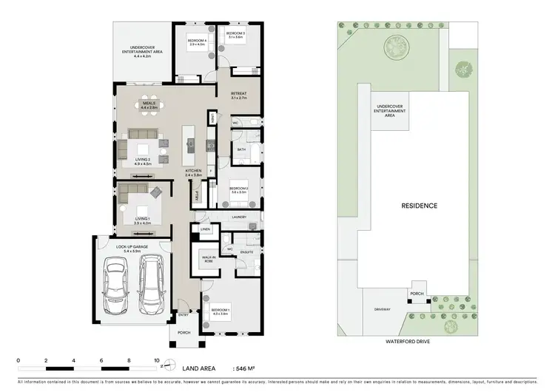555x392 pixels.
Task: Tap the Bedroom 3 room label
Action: pyautogui.click(x=235, y=35)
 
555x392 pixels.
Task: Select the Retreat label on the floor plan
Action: pyautogui.click(x=238, y=95)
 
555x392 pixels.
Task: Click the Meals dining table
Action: pyautogui.click(x=149, y=112)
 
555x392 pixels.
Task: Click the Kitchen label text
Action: pyautogui.click(x=194, y=172)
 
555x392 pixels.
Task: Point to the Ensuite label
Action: pyautogui.click(x=246, y=253)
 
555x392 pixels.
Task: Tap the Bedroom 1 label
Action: pyautogui.click(x=221, y=311)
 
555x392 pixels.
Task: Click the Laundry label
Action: pyautogui.click(x=238, y=217)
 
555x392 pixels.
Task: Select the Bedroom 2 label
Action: pyautogui.click(x=238, y=190)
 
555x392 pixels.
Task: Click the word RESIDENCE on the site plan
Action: pyautogui.click(x=419, y=206)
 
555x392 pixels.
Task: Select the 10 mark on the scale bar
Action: pyautogui.click(x=156, y=361)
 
